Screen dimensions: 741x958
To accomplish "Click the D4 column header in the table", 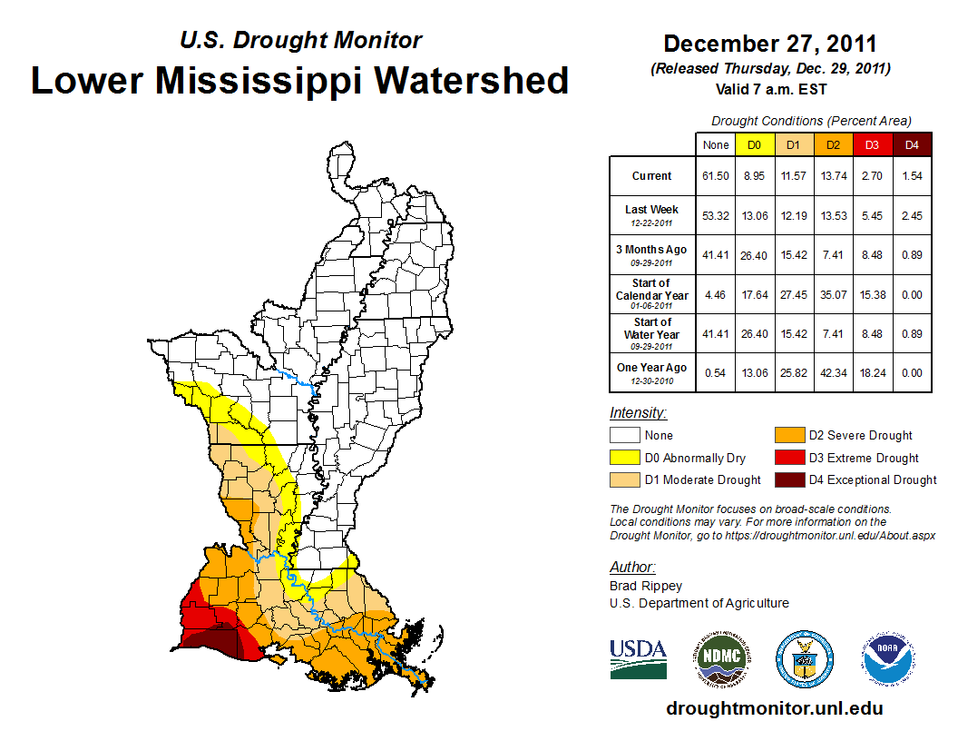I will tap(912, 144).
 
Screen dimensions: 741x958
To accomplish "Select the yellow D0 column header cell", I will tap(754, 144).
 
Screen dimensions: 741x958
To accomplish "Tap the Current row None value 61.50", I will tap(715, 176).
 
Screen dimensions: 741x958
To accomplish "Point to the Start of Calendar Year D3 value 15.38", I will tap(872, 294).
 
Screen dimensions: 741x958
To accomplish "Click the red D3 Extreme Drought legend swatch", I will tap(786, 458).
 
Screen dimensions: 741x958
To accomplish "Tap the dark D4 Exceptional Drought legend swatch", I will tap(786, 479).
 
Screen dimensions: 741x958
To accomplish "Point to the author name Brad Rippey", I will tap(646, 586).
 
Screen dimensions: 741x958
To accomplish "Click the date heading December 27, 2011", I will tap(769, 44).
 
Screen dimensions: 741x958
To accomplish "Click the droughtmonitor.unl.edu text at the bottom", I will tap(774, 708).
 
